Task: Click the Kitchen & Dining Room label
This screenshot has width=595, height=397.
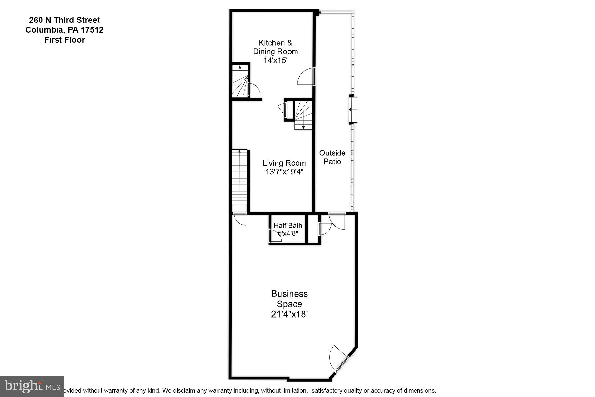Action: [x=275, y=47]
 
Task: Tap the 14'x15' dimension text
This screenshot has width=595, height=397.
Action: [x=275, y=60]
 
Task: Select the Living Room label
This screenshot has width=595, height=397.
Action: [x=284, y=163]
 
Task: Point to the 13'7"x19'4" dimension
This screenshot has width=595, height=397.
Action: [x=284, y=172]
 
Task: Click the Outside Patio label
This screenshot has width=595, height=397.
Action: [x=332, y=157]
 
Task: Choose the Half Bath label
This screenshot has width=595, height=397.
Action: [x=288, y=225]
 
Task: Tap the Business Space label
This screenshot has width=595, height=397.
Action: [x=289, y=299]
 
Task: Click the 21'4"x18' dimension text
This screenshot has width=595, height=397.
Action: [x=289, y=314]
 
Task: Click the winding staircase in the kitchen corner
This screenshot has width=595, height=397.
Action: [x=239, y=81]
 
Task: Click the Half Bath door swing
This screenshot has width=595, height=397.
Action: [x=275, y=235]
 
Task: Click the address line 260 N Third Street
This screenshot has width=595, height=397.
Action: [x=64, y=20]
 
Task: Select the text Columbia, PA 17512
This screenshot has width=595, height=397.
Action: [x=64, y=30]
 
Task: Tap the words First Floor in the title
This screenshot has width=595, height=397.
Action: [x=64, y=40]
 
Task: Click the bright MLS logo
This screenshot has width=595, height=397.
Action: [x=32, y=386]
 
